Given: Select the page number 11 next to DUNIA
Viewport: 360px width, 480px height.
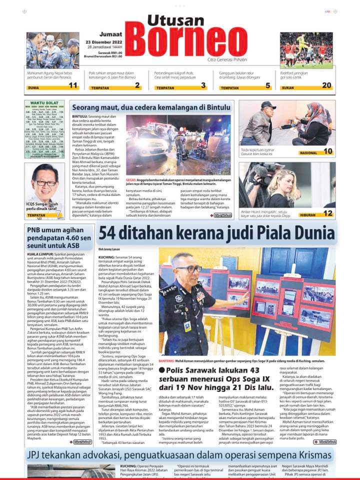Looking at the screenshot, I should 73,86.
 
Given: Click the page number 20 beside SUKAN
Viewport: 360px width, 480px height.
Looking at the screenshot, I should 326,86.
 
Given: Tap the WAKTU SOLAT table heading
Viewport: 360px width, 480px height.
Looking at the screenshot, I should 41,103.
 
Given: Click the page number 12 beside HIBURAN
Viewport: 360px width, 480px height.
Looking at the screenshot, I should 327,213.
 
